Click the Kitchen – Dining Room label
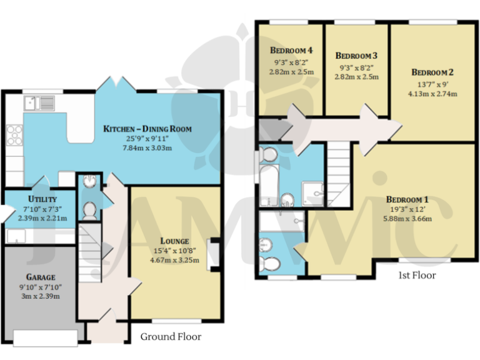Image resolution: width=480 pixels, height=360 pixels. pos(147,129)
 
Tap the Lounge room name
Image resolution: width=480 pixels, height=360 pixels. pos(174,241)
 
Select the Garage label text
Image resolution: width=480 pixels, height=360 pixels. pos(40,277)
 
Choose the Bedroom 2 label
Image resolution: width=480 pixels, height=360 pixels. pos(432,72)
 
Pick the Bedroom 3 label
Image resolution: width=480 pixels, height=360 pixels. pos(357,55)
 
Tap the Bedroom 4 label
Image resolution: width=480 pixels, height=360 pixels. pos(291,50)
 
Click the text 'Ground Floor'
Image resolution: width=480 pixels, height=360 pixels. pos(171,336)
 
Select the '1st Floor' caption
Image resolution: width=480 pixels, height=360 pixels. pos(416,275)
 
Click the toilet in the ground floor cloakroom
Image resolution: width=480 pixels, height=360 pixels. pos(89,211)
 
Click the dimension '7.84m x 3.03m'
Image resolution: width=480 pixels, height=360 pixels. pos(147,147)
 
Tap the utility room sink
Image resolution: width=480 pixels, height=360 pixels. pos(15,236)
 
